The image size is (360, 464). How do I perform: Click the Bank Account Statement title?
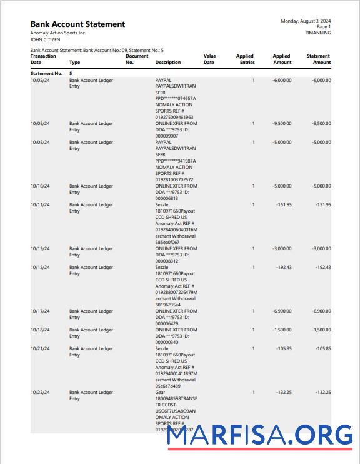(x=77, y=24)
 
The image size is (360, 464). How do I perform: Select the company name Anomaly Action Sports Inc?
(x=58, y=33)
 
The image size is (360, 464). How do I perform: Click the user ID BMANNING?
(x=318, y=33)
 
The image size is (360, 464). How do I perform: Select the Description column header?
(x=168, y=63)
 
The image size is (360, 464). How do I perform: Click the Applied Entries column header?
(x=245, y=59)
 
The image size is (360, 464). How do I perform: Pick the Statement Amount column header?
(x=318, y=59)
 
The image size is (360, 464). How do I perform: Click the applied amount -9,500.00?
(x=282, y=124)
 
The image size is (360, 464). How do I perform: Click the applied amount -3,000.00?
(x=282, y=249)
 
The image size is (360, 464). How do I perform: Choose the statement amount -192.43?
(x=322, y=268)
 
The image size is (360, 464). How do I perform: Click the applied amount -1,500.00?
(x=282, y=330)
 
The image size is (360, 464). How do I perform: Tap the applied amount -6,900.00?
(x=282, y=311)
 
